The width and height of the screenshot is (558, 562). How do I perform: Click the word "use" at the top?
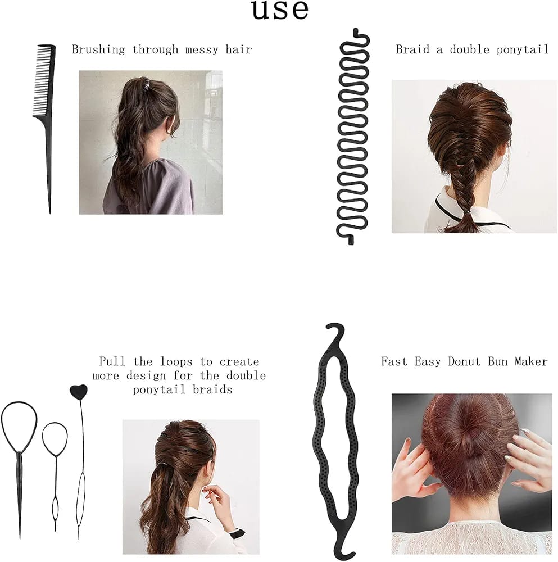coord(280,10)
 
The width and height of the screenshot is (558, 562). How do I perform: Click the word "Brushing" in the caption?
coord(98,49)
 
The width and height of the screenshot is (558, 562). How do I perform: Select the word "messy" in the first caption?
coord(201,50)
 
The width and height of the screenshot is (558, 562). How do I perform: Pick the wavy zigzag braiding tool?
coord(353,136)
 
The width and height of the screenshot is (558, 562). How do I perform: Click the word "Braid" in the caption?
coord(412,49)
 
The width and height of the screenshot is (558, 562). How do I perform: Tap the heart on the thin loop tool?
coord(79,391)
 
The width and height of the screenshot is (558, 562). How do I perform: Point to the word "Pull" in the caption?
coord(112,361)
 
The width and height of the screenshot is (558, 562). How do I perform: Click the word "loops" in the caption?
coord(176,361)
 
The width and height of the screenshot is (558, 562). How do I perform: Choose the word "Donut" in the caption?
coord(464,361)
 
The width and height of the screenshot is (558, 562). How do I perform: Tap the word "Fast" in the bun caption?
coord(394,361)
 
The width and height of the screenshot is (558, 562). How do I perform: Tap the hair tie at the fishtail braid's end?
coord(466,213)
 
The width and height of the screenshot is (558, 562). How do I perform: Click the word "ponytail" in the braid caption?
coord(523,49)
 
